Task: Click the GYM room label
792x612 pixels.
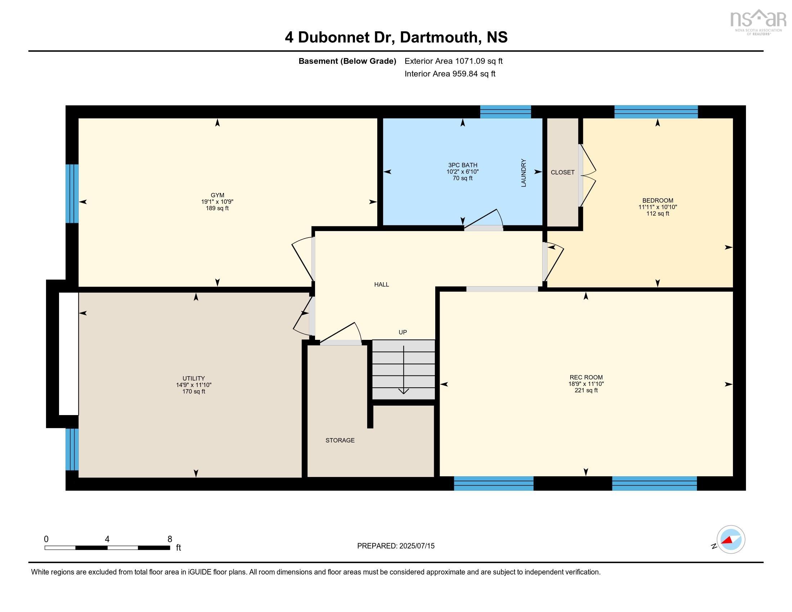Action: [x=217, y=195]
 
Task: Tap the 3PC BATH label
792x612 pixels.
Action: [x=462, y=165]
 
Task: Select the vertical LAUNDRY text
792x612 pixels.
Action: [x=523, y=173]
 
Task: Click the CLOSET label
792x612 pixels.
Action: [x=562, y=172]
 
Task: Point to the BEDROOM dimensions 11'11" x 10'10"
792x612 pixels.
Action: [x=657, y=207]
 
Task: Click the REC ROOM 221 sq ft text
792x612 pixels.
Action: [x=586, y=391]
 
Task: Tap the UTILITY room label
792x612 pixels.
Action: [x=194, y=378]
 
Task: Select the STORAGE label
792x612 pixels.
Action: [x=340, y=440]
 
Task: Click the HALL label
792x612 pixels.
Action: [x=382, y=285]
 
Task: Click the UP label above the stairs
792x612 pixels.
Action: [x=402, y=332]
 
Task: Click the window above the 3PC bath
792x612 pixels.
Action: [x=505, y=112]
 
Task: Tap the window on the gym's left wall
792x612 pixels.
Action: [x=72, y=194]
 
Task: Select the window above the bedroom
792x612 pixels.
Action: [x=656, y=112]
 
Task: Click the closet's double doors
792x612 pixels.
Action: [x=587, y=175]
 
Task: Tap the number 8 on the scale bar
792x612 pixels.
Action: [x=170, y=539]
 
